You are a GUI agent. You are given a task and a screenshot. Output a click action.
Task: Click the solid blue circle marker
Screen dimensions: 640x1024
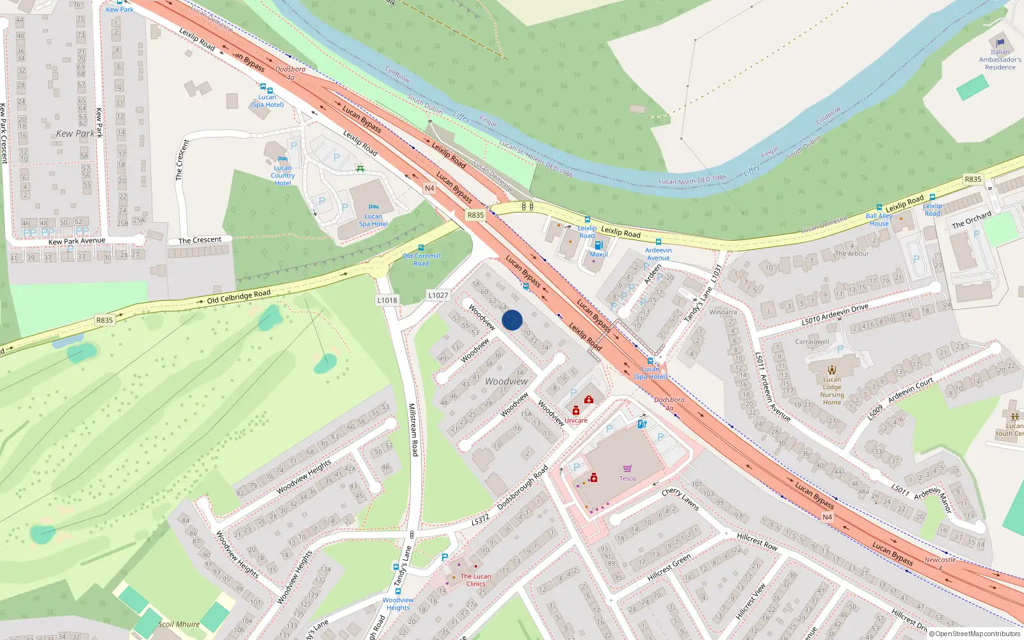512,320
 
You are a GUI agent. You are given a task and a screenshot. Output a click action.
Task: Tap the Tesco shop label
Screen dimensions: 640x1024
627,478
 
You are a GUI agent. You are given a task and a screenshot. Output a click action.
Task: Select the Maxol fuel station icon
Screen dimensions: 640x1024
598,245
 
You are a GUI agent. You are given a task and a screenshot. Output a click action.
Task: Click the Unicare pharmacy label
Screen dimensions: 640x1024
575,420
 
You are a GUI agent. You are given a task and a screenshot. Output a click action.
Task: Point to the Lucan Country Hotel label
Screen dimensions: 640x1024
282,175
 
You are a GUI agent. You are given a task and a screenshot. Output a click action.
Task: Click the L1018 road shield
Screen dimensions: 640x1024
387,300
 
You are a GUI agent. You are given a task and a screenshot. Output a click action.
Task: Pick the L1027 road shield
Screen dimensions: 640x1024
438,295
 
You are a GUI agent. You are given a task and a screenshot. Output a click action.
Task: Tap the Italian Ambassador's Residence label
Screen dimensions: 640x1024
1000,60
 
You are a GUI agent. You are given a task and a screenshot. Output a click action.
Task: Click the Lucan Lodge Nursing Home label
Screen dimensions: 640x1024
832,390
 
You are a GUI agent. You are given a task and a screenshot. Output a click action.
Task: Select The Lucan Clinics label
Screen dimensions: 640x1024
476,580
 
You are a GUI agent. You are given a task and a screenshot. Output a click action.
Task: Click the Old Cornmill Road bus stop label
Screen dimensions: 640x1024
421,259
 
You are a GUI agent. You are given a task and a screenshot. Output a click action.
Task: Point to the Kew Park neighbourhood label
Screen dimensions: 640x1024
75,133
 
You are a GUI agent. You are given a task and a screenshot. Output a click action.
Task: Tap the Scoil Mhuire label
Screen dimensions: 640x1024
179,624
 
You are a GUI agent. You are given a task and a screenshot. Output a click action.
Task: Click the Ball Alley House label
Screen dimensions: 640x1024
879,220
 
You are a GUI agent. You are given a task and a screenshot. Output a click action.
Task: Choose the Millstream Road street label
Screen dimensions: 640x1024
413,429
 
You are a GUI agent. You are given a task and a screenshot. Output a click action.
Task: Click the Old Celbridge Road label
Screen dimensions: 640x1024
239,296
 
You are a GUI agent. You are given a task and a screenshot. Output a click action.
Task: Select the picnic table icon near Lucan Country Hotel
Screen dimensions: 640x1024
360,169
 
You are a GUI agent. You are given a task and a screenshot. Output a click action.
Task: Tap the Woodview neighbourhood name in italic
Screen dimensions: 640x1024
506,381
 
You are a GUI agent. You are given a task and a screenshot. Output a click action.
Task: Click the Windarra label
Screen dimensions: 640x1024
723,312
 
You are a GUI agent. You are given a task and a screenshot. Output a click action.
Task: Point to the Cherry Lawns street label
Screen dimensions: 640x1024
680,498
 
